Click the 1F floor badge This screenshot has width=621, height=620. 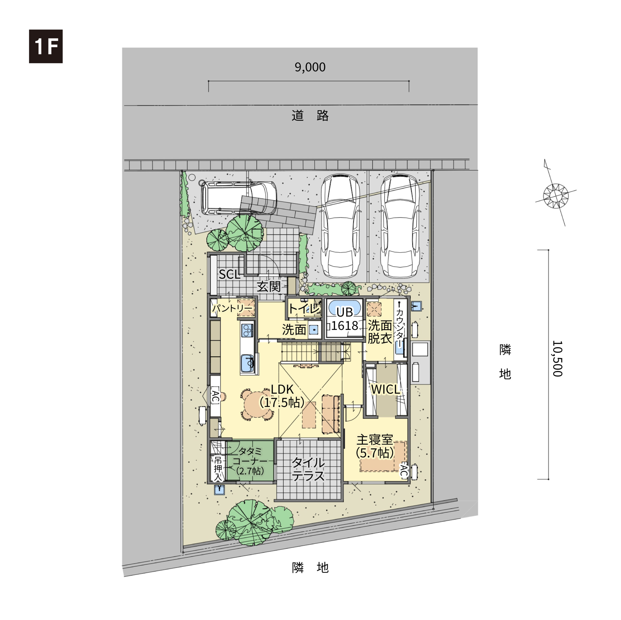(46, 46)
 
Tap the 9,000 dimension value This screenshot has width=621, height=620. (310, 67)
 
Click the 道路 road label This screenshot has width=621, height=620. (310, 116)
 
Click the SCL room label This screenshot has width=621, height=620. (229, 274)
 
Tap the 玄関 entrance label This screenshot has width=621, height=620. (269, 286)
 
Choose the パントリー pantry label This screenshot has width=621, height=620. (232, 308)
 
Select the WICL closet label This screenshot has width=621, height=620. (385, 389)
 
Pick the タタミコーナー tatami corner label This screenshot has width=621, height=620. (250, 461)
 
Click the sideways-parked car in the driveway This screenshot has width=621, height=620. (239, 198)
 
